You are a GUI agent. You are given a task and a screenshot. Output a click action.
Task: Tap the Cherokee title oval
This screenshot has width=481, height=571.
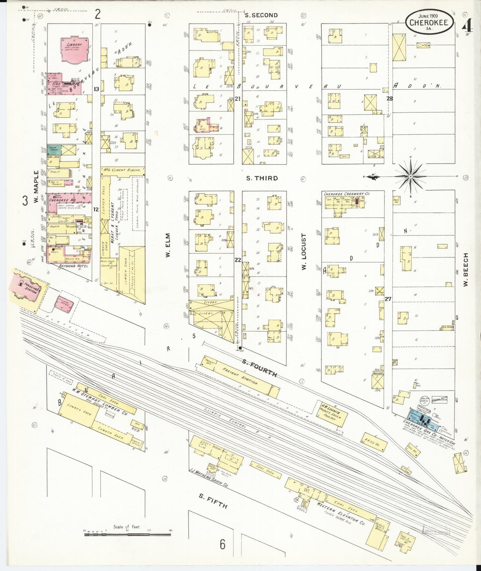tap(429, 22)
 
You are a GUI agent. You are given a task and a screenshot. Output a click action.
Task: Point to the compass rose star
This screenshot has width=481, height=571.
tap(411, 176)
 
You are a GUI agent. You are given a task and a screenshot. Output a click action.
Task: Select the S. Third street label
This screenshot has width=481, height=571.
tap(262, 178)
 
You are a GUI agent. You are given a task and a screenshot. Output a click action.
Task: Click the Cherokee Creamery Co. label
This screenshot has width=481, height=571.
tap(347, 194)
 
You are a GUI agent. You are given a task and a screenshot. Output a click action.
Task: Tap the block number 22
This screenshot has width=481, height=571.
tap(238, 260)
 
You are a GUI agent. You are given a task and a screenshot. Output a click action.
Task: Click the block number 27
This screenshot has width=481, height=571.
tap(388, 299)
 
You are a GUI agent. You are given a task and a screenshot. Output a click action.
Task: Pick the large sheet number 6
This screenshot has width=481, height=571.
tap(222, 544)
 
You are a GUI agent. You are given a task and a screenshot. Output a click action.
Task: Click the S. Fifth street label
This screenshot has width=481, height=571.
tap(213, 501)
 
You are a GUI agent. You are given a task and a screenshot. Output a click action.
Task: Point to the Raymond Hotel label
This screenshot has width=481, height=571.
tap(74, 266)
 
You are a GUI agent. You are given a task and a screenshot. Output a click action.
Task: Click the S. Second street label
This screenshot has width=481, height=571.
tap(261, 15)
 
